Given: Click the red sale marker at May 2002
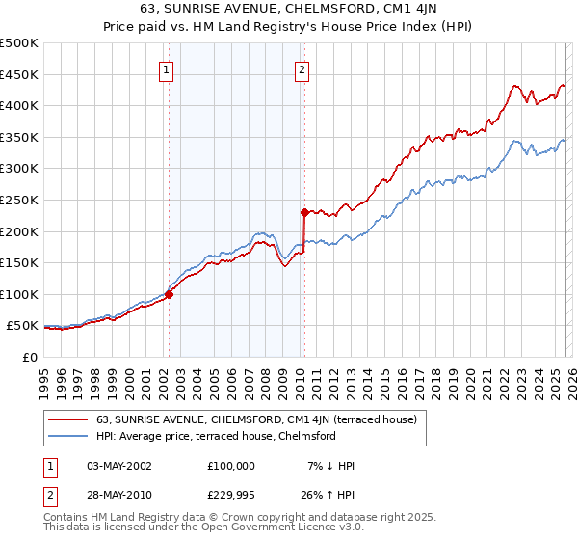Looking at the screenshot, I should pos(169,295).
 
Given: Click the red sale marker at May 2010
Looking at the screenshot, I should pos(304,212).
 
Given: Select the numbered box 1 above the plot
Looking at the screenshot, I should pos(167,69).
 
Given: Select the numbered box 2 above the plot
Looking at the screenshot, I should pos(302,69).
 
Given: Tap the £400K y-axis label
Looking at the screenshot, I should pos(19,106).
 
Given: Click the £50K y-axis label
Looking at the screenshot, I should pos(22,326).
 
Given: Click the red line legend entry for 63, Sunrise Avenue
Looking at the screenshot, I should pos(256,419).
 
